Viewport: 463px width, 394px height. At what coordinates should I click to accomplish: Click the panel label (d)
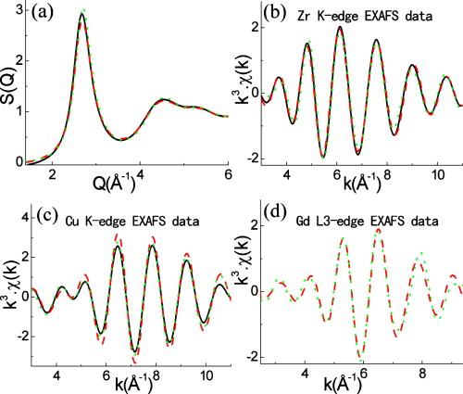pyautogui.click(x=276, y=219)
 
